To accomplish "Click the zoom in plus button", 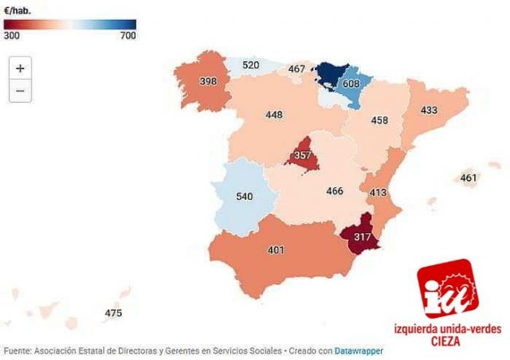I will (x=20, y=68).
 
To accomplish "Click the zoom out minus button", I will (x=20, y=91).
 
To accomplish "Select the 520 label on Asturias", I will (x=250, y=65).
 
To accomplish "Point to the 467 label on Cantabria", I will (x=296, y=69).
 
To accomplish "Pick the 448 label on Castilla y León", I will (x=274, y=115).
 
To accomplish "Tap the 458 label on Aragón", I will (x=379, y=121).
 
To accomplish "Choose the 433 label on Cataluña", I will (x=429, y=110).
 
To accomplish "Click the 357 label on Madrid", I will (x=303, y=155).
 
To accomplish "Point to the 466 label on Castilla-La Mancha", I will (x=335, y=191).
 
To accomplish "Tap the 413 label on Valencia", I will (x=378, y=193).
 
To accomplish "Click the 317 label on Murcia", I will (x=362, y=237).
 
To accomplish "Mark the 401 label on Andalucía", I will (x=276, y=250).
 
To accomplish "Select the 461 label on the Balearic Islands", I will (x=469, y=178).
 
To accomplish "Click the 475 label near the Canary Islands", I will (x=113, y=313).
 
